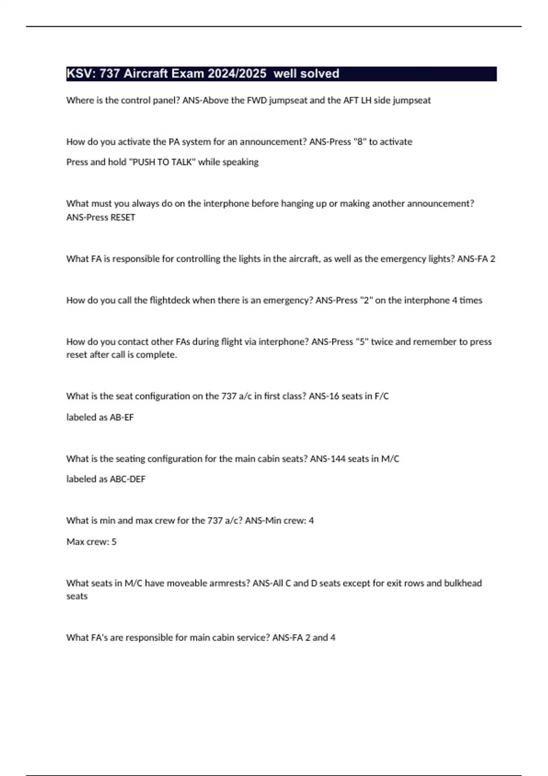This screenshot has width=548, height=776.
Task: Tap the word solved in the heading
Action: coord(319,73)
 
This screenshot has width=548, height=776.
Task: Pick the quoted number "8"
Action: coord(360,142)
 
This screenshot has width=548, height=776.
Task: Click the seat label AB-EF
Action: coord(121,417)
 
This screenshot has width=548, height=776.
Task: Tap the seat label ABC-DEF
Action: coord(127,479)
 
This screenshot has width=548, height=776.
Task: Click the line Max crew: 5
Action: coord(91,542)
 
